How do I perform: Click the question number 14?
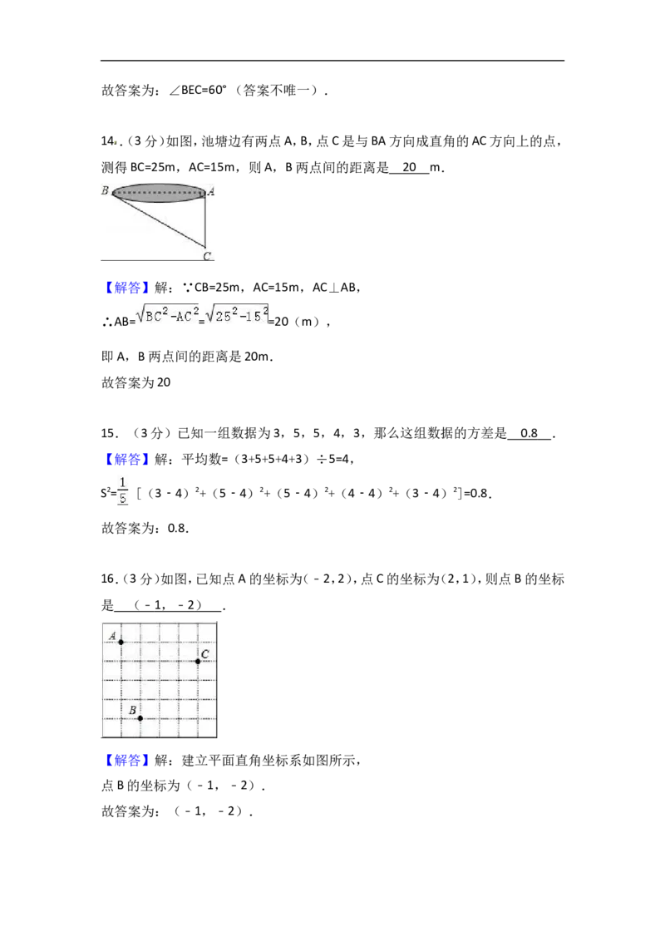(x=109, y=141)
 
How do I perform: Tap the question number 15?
(x=109, y=433)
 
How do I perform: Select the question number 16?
(x=109, y=579)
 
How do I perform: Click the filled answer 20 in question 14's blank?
(x=409, y=167)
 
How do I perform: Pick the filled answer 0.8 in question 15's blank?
(x=529, y=433)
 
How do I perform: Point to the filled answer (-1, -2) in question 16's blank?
(x=168, y=605)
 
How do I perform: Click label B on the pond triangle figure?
(x=106, y=190)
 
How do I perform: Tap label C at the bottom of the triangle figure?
(x=207, y=256)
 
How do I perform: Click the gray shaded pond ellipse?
(x=159, y=193)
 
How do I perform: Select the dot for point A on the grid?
(x=121, y=642)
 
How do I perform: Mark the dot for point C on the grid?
(x=198, y=662)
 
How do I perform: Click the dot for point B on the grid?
(x=140, y=718)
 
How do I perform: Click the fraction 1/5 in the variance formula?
(x=123, y=491)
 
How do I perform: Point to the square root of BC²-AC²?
(x=167, y=315)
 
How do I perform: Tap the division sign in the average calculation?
(x=321, y=460)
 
